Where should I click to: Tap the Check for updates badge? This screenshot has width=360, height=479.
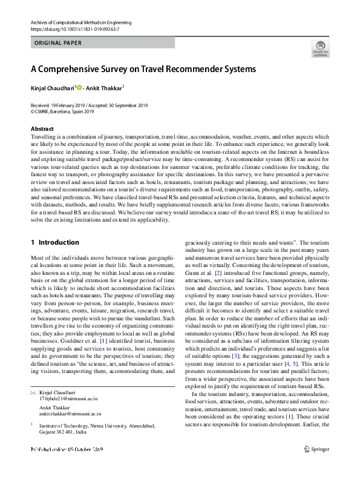point(320,49)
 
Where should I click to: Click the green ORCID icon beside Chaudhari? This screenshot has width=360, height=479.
point(79,88)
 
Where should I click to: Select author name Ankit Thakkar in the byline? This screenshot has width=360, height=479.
point(104,88)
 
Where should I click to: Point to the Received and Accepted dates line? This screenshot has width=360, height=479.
point(89,105)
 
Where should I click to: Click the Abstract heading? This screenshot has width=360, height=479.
point(42,129)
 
